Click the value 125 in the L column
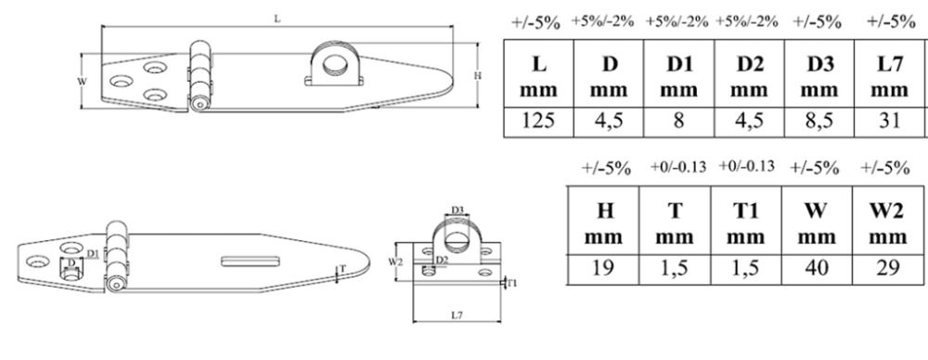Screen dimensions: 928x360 [538, 121]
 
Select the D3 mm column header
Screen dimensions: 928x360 [819, 76]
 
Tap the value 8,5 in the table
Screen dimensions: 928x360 [819, 121]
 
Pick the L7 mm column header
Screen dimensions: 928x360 [890, 76]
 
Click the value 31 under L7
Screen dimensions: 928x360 [890, 121]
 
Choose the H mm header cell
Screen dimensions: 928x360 [604, 224]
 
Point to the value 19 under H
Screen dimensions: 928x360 [604, 267]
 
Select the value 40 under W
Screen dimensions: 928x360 [817, 267]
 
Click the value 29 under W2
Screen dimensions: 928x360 [888, 267]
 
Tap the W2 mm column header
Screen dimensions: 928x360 [888, 224]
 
